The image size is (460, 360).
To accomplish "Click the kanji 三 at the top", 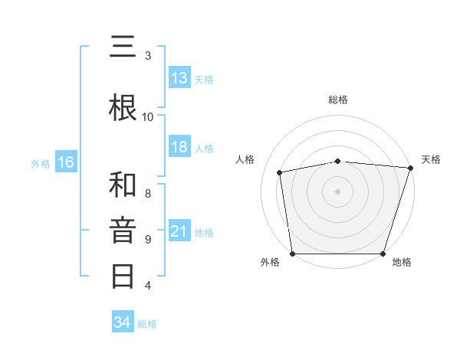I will tap(123, 48).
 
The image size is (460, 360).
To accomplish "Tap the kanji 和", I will tap(123, 185).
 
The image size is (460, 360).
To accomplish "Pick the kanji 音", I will tap(123, 230).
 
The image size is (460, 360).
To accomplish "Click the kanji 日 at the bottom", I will tap(123, 275).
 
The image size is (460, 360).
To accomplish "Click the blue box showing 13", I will tap(179, 78).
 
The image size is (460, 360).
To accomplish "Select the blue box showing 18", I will tap(179, 147).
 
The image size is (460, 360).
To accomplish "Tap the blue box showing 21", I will tap(179, 231).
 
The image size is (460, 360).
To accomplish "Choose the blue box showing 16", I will tap(66, 162).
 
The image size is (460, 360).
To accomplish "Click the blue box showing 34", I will tap(123, 322).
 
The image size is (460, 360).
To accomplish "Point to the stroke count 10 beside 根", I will tap(148, 116).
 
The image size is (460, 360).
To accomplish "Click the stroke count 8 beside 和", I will tap(148, 193).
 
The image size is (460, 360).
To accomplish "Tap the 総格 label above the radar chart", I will tap(338, 100).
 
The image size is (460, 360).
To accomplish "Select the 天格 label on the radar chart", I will tap(431, 159).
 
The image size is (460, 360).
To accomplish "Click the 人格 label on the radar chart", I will tap(245, 159).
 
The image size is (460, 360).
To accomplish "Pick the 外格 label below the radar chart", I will tap(270, 263).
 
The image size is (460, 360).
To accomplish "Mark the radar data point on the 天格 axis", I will tap(410, 168).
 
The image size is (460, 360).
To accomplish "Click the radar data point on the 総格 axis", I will tap(338, 161).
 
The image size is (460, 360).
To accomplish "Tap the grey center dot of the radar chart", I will tap(338, 191).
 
